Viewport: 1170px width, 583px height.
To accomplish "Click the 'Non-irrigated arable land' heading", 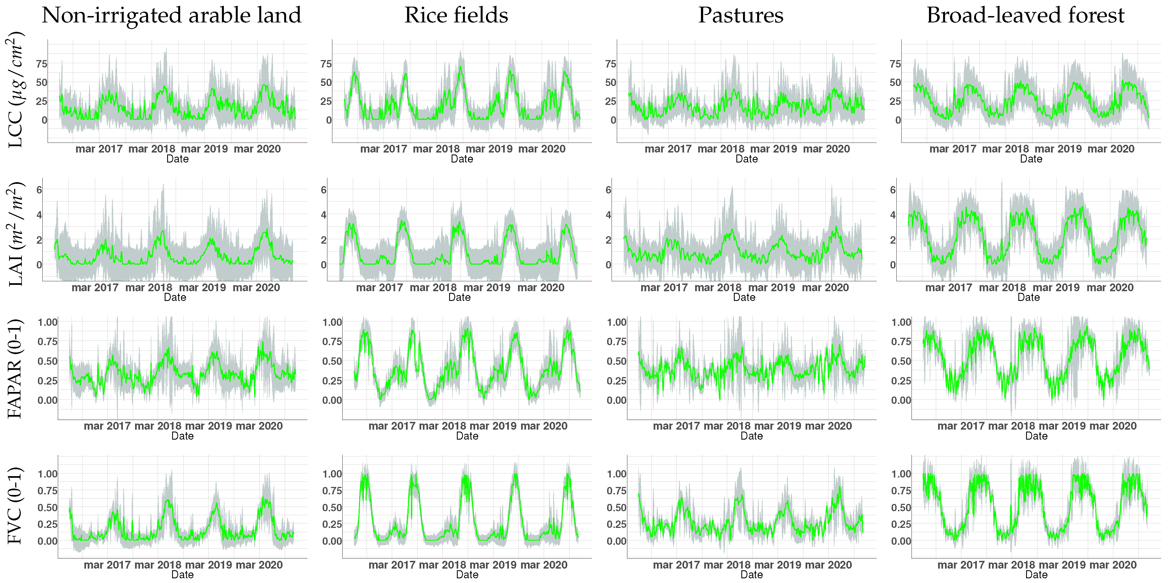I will tap(172, 16).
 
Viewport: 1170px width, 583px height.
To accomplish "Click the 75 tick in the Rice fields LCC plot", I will tap(326, 64).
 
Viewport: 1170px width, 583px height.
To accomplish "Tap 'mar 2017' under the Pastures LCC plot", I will tap(668, 149).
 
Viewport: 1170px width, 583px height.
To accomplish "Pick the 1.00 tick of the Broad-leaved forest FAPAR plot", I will tap(901, 323).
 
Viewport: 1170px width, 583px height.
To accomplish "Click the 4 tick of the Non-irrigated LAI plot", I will tap(39, 215).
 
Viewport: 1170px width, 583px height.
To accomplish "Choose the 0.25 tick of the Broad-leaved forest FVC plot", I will tap(901, 524).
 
